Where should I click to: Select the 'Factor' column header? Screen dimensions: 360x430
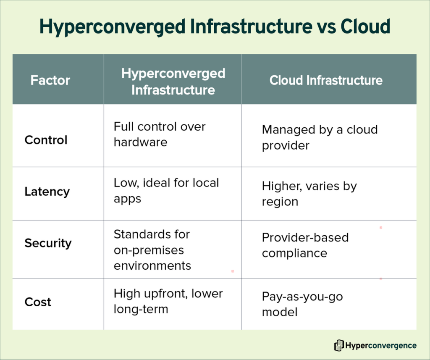click(x=50, y=80)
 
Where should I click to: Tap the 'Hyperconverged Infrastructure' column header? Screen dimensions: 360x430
click(x=173, y=81)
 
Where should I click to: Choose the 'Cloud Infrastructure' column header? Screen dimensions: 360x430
click(x=326, y=80)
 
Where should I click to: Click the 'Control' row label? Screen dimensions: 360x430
click(x=46, y=140)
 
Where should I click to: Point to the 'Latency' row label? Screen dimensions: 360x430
click(x=47, y=192)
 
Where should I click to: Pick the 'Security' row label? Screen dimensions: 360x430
click(x=48, y=243)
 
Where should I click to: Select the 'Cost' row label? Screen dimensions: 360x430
click(x=38, y=302)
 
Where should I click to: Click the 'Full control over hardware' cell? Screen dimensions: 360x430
click(x=160, y=134)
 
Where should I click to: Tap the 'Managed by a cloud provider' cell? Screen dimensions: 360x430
click(x=320, y=137)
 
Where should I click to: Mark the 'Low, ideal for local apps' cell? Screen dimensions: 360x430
click(x=166, y=191)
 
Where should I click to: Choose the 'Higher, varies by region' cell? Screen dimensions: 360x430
click(x=309, y=194)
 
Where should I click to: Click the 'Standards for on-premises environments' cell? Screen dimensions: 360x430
click(x=152, y=250)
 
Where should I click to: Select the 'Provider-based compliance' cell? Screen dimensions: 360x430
click(x=305, y=245)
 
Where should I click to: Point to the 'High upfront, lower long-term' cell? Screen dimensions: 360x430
click(x=168, y=302)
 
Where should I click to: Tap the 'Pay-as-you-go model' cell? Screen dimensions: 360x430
click(x=302, y=305)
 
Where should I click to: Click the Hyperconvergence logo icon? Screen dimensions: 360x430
click(x=338, y=346)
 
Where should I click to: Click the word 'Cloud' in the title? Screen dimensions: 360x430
click(x=365, y=27)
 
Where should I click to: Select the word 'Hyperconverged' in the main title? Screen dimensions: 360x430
click(x=112, y=27)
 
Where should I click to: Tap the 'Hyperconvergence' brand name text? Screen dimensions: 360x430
click(x=381, y=346)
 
